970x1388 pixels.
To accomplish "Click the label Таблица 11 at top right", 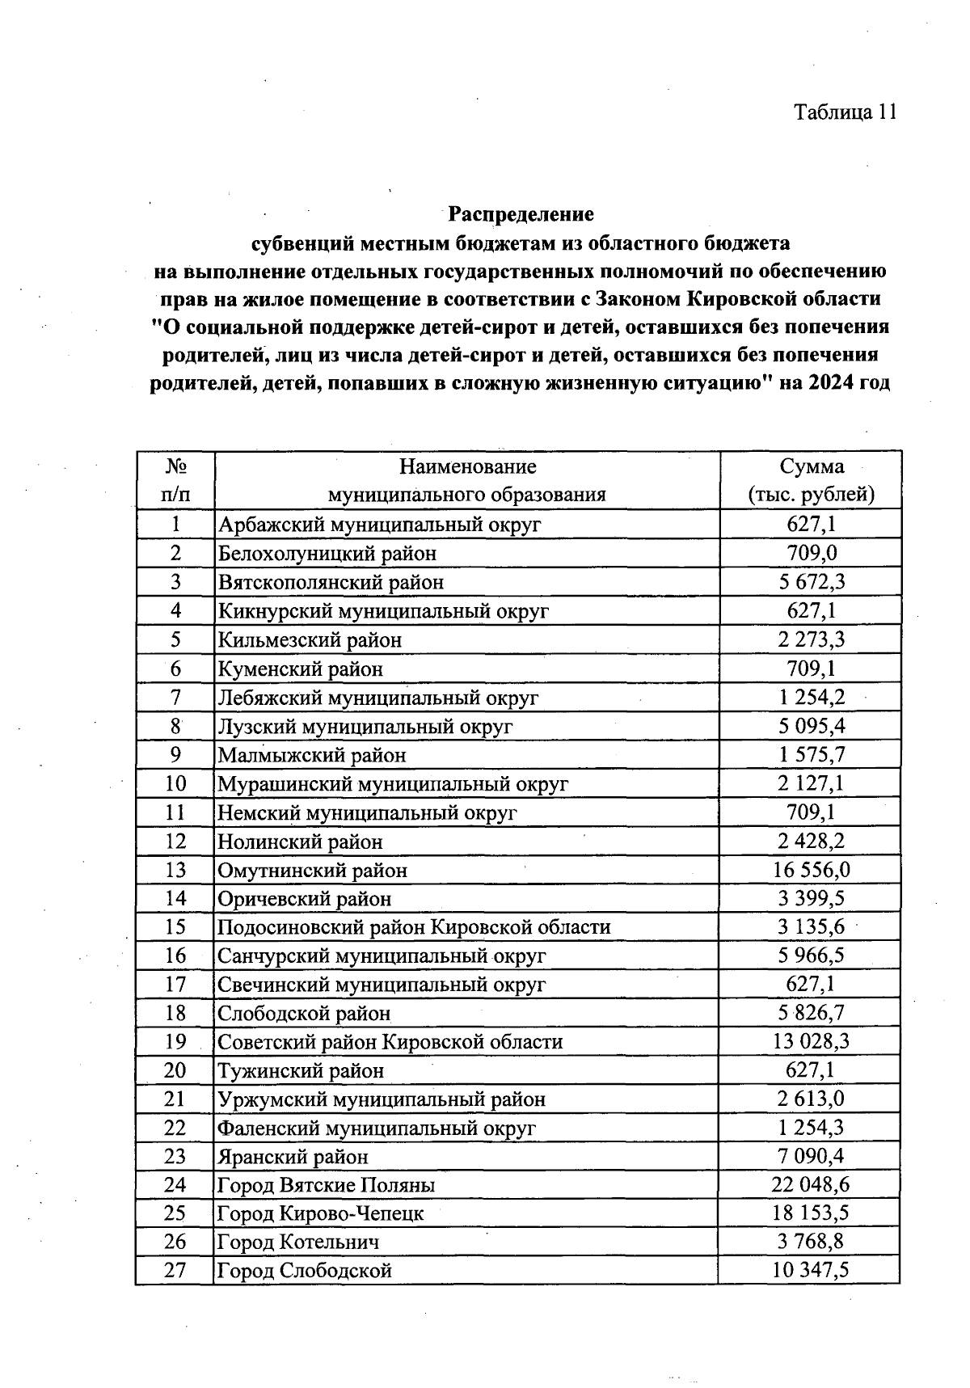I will (846, 112).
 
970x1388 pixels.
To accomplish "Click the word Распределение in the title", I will (521, 214).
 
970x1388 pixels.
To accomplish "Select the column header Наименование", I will (467, 466).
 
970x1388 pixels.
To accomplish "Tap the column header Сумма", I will (811, 466).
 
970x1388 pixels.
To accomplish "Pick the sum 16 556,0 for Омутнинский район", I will (811, 870).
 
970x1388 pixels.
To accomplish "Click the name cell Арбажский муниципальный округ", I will (379, 525).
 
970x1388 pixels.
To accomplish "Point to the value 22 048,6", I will (811, 1185).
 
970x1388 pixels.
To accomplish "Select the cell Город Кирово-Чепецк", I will (320, 1213).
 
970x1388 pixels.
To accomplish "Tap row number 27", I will (175, 1270).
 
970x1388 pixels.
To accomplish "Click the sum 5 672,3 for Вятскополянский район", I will (811, 582).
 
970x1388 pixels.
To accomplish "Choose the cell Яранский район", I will (293, 1157).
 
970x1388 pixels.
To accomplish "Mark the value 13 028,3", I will (811, 1041).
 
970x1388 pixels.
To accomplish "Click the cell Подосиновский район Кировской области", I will (414, 927).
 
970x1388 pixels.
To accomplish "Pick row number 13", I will (175, 870).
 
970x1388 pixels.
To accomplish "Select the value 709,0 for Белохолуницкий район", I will (811, 554).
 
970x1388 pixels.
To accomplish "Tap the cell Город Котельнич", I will (298, 1242).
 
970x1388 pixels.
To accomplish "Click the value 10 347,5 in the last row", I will (811, 1270).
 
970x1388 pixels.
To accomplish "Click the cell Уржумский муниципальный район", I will (382, 1099).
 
